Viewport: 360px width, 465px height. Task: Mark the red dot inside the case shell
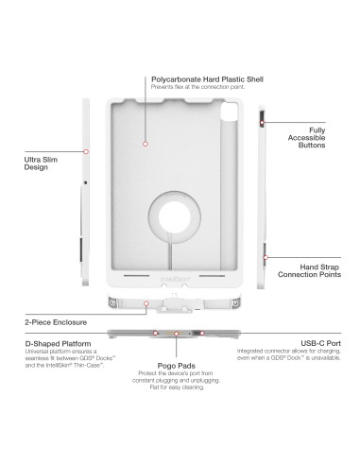pos(145,144)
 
